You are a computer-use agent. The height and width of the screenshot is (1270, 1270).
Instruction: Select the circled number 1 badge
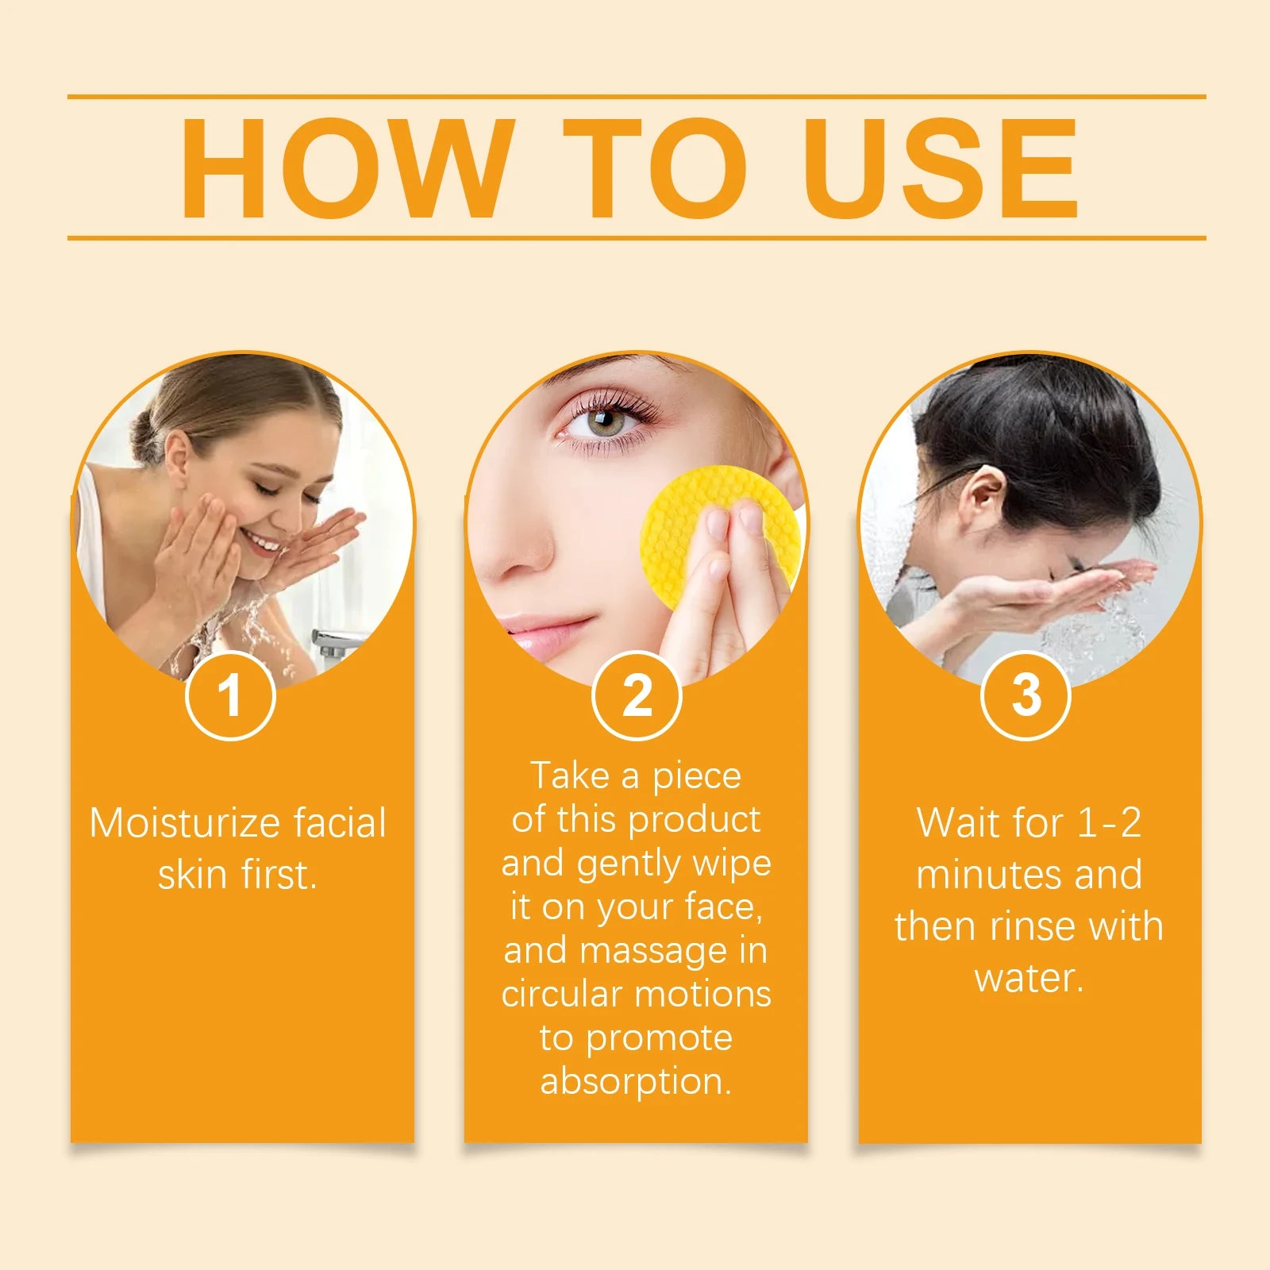[x=230, y=695]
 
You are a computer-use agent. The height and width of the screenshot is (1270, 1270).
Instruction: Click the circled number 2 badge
[x=637, y=695]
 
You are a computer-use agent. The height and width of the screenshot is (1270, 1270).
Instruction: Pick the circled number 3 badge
[x=1026, y=695]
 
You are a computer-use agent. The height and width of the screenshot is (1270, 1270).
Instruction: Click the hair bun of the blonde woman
[x=145, y=439]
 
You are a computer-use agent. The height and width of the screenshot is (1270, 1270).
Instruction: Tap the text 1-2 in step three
[x=1110, y=823]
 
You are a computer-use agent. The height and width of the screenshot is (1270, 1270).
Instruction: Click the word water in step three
[x=1028, y=978]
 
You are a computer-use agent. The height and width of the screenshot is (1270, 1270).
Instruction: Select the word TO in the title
[x=655, y=167]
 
